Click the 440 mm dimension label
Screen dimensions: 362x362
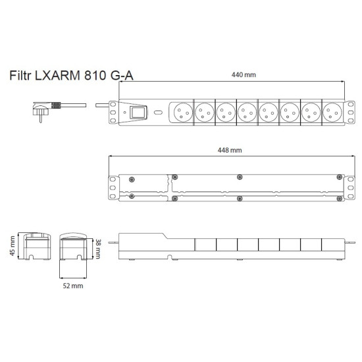[244, 74]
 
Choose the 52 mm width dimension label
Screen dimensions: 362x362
[72, 286]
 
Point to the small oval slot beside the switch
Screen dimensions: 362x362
[158, 113]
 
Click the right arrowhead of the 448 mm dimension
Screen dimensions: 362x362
[344, 156]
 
